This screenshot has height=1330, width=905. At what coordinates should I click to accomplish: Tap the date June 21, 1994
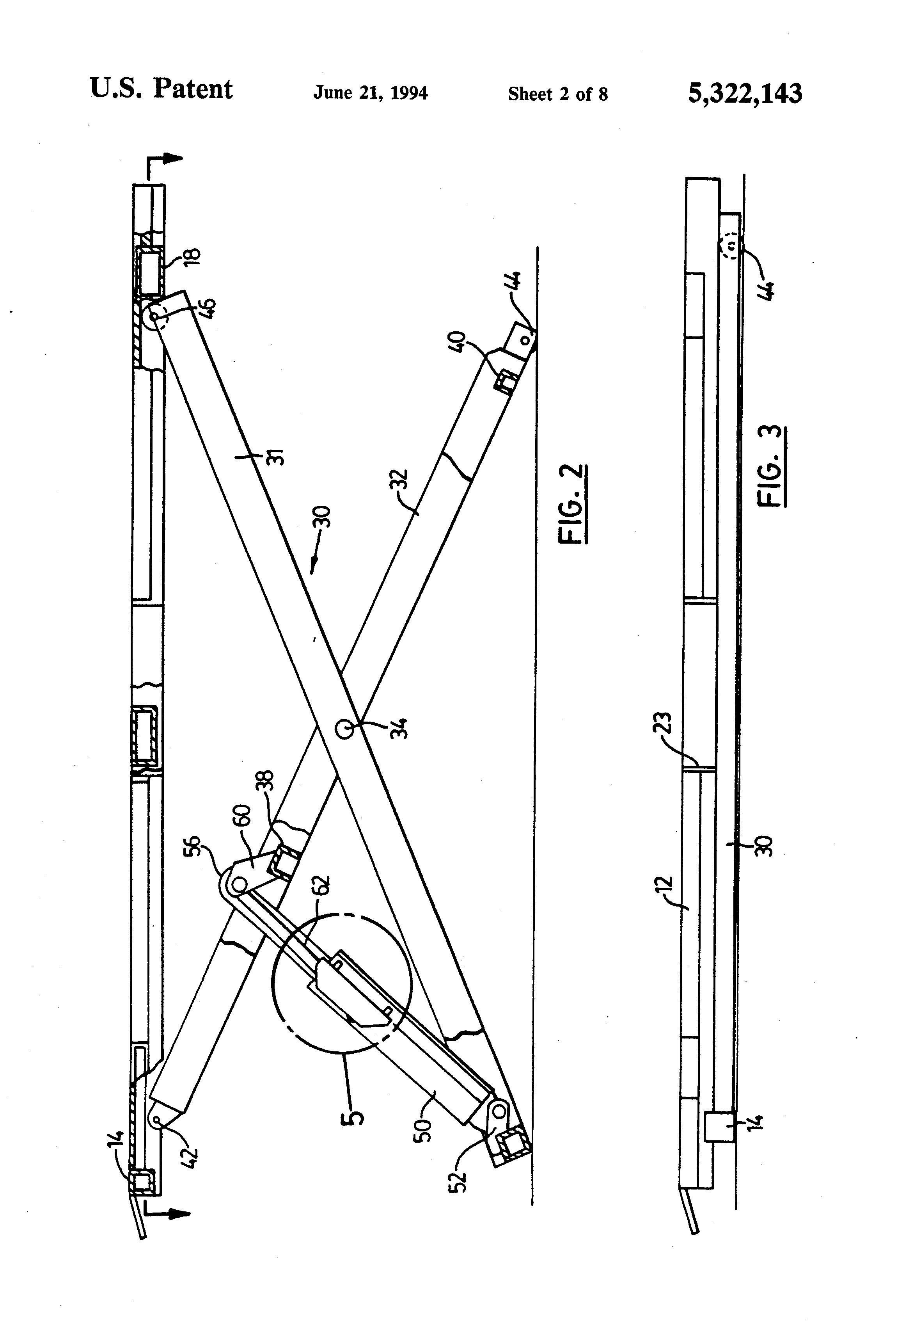click(x=370, y=93)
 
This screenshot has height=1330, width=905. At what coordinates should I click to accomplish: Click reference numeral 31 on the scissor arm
click(x=276, y=457)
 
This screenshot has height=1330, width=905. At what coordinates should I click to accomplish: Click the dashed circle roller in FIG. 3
click(x=731, y=248)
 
